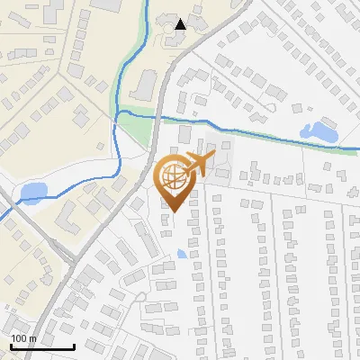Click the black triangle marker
click(x=181, y=24)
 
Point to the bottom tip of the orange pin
click(x=172, y=212)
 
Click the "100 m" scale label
click(x=23, y=338)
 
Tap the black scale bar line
click(x=41, y=346)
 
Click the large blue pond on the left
click(x=33, y=191)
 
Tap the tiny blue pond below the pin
click(x=183, y=255)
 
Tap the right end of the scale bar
click(x=73, y=346)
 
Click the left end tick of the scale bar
click(x=10, y=346)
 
